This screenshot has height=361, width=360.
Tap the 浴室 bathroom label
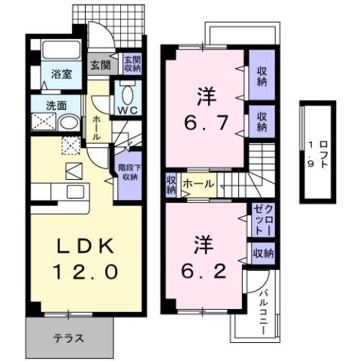[x=61, y=74]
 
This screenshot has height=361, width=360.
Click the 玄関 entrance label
[x=101, y=65]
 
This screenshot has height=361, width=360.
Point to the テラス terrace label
[x=69, y=336]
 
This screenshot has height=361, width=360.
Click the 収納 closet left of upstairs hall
[x=171, y=184]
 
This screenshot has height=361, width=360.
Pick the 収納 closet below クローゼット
[x=262, y=253]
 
